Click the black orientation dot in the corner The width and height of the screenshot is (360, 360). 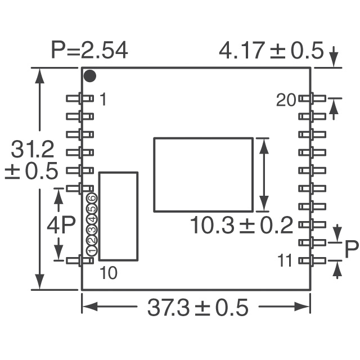click(x=90, y=76)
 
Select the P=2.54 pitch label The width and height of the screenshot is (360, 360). click(x=89, y=50)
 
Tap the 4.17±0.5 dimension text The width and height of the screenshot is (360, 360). click(x=271, y=50)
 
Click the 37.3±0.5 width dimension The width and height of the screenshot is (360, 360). click(x=197, y=308)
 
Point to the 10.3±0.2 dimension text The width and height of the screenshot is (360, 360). click(x=241, y=226)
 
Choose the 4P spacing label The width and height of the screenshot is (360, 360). click(x=61, y=226)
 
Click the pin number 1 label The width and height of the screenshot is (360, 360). click(x=103, y=99)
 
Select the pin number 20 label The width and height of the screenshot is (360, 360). click(x=286, y=100)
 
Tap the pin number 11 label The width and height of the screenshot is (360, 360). click(x=284, y=260)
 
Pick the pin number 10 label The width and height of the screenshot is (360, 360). click(x=109, y=273)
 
